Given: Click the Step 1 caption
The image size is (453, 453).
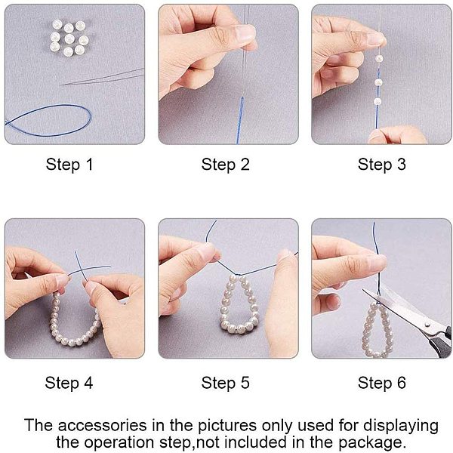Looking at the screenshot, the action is point(69,165).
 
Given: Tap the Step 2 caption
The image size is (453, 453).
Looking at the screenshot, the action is point(225,165).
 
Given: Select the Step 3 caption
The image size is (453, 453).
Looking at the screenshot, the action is point(381,165).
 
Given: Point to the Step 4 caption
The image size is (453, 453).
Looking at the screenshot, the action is point(69,383).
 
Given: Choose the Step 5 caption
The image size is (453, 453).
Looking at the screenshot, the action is point(225,383).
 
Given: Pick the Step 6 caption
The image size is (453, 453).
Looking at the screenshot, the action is point(381,383).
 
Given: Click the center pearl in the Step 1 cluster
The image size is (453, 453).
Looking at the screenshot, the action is point(69,39).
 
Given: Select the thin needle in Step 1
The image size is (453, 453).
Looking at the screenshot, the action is point(103,76).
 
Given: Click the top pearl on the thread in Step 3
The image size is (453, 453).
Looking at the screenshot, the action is point(379,59).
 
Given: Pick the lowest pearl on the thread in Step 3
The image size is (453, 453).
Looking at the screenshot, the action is point(377,101).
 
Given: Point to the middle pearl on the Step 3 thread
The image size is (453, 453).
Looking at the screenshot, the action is point(378,82).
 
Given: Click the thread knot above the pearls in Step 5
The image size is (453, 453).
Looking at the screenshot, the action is point(239,274).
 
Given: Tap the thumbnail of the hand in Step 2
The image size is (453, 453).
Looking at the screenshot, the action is point(245,32).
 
